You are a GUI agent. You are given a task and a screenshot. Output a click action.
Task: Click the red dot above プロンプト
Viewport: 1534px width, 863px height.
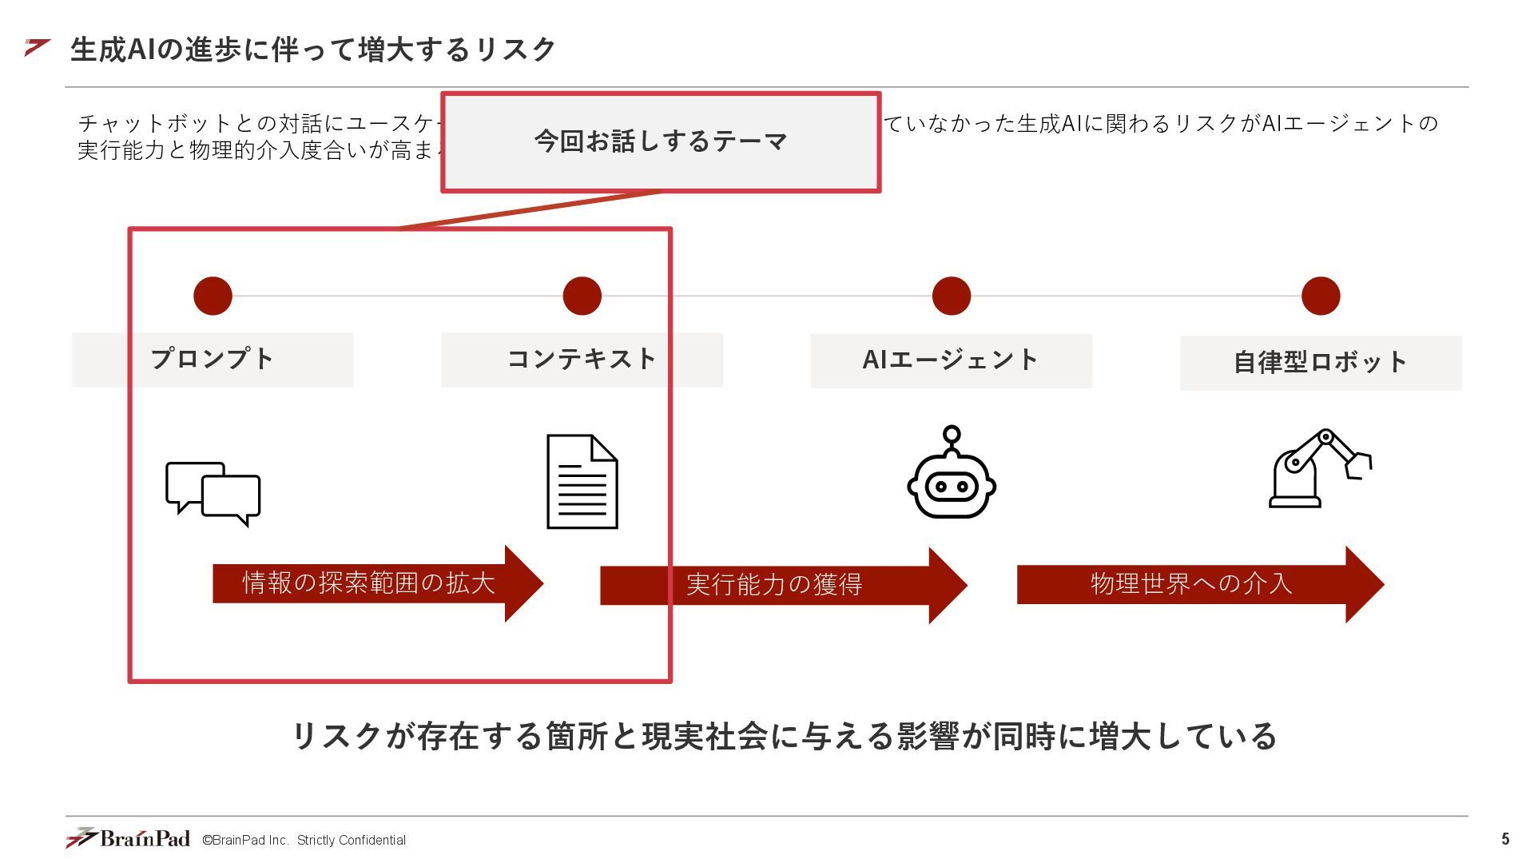point(213,296)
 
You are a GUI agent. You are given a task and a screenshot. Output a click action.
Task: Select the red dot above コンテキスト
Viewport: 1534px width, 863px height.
point(582,296)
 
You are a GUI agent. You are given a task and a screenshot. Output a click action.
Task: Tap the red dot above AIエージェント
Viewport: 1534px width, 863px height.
point(951,296)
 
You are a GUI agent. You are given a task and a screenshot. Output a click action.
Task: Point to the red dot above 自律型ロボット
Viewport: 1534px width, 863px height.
point(1320,296)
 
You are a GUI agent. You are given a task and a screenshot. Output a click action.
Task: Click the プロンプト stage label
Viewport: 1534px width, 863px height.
point(213,360)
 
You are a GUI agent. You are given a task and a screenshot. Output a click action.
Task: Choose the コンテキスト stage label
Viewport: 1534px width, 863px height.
point(582,360)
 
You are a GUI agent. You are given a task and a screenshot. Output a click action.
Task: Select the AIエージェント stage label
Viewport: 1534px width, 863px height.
point(951,360)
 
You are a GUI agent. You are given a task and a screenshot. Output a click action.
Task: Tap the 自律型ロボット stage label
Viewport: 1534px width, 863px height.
point(1320,363)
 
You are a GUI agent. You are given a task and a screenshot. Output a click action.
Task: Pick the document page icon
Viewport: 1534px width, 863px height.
point(582,481)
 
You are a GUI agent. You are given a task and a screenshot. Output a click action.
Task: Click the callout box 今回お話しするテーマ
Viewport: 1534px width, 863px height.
point(661,142)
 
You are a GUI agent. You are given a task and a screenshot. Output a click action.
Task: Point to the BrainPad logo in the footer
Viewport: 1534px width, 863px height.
point(129,837)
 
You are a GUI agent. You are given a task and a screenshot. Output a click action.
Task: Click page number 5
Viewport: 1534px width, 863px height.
point(1505,839)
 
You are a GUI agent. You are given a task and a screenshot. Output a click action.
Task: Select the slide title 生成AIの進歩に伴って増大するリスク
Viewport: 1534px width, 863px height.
point(312,50)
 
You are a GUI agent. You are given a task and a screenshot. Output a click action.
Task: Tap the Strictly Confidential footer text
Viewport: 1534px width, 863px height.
point(352,840)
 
